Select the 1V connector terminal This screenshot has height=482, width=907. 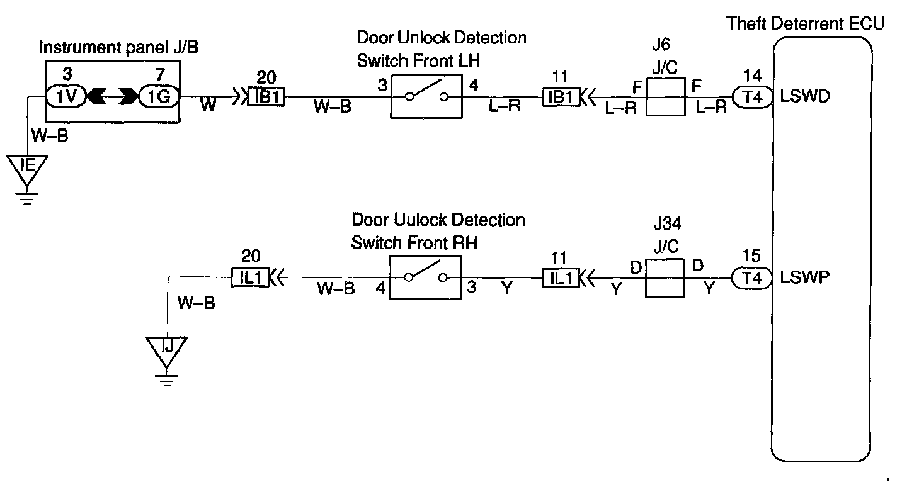[65, 97]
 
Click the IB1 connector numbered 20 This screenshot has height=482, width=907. [266, 98]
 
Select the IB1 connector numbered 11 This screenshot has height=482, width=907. [561, 98]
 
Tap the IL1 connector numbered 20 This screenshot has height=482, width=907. [250, 277]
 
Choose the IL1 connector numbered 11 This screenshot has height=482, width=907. [560, 277]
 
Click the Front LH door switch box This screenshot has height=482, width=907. [427, 96]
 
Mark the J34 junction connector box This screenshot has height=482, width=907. [665, 277]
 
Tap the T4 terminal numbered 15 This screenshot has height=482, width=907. [751, 277]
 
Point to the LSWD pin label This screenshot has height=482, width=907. [804, 98]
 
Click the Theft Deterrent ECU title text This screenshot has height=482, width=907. [806, 25]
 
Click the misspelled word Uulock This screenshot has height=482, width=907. [419, 220]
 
